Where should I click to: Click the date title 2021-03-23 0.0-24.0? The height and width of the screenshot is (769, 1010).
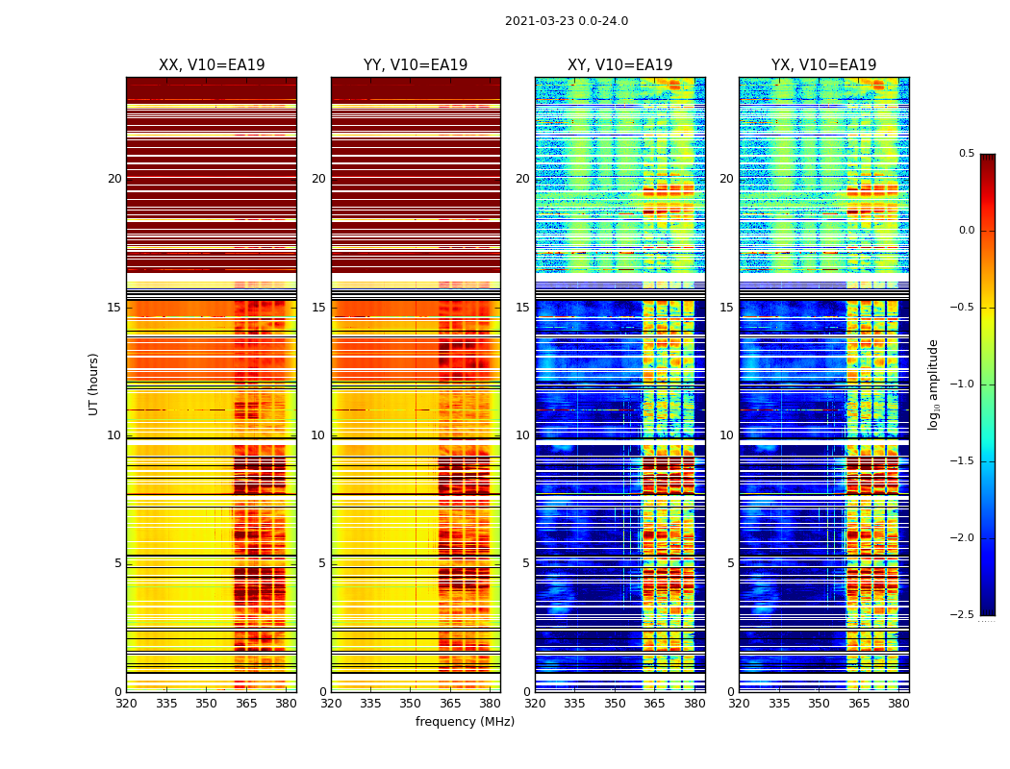[567, 21]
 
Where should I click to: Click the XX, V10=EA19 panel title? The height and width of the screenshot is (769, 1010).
[212, 65]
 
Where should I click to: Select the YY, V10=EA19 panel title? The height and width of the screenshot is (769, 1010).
[416, 65]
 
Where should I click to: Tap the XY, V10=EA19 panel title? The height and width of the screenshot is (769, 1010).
[619, 65]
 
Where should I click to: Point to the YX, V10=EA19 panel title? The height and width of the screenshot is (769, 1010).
[823, 65]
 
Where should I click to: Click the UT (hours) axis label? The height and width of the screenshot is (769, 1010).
[94, 384]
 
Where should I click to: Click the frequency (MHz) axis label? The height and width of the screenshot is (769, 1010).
[465, 722]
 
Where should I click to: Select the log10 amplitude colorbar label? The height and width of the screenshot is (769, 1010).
[933, 384]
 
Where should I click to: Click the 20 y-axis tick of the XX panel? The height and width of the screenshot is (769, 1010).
[114, 179]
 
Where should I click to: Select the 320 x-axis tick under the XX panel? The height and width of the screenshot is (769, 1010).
[126, 704]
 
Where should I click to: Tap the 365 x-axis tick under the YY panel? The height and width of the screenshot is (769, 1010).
[450, 704]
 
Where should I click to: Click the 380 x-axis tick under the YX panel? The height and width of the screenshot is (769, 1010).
[898, 704]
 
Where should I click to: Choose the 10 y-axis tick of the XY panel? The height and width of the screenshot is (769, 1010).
[522, 435]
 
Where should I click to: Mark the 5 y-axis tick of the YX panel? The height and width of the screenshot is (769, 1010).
[730, 563]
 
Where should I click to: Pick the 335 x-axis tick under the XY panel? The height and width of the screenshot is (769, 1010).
[575, 704]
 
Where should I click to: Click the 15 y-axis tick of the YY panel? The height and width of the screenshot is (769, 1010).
[318, 308]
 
